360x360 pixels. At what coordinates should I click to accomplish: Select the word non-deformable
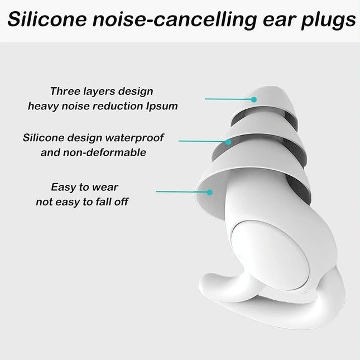108,152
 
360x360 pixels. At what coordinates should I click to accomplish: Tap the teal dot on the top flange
253,99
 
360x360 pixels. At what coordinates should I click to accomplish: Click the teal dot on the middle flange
229,142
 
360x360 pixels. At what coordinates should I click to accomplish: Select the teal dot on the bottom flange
210,192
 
